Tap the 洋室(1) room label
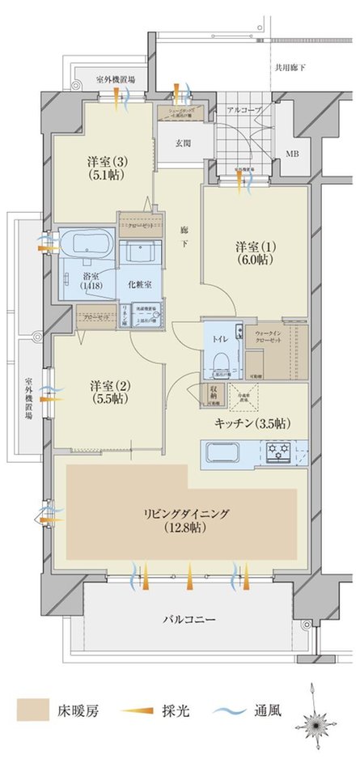click(254, 245)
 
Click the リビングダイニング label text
click(187, 512)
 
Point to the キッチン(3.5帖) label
click(253, 423)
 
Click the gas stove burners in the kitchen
click(289, 450)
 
